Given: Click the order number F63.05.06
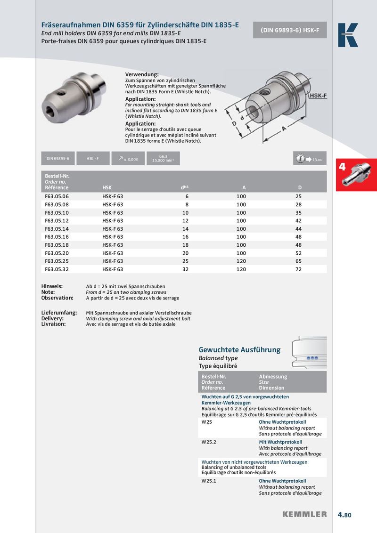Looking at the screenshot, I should pos(57,196).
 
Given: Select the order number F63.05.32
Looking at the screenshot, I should pos(57,269).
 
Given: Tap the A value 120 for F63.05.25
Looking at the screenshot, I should pos(241,261).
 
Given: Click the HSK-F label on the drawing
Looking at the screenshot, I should pos(318,96).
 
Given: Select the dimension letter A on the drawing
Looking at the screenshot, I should pos(284,128).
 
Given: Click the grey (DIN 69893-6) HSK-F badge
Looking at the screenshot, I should pos(290,30).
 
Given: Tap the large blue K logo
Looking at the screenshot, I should pos(348,35).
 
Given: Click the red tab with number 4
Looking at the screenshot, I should pos(356,175).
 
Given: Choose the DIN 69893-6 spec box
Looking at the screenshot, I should pos(57,159).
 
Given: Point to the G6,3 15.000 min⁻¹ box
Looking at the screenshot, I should pos(163,158).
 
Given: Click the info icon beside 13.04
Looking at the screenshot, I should pos(300,159).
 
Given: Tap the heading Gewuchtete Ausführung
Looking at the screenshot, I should pos(239,350).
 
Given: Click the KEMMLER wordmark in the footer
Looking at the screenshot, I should pos(304,514).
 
